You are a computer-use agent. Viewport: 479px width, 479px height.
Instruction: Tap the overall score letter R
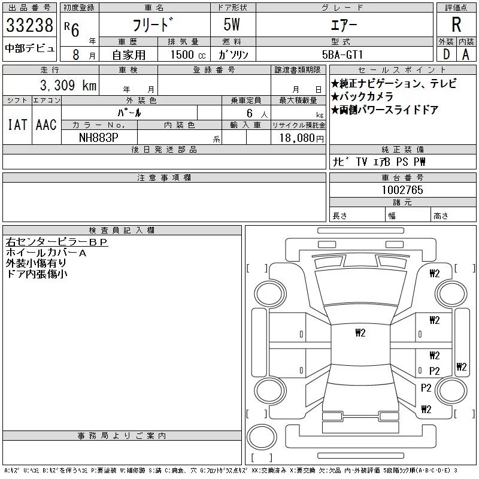pyautogui.click(x=456, y=25)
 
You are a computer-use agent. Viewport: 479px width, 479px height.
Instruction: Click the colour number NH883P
pyautogui.click(x=99, y=137)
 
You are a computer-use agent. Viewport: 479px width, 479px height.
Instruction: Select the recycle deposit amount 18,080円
pyautogui.click(x=298, y=138)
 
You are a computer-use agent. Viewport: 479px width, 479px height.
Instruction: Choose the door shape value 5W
pyautogui.click(x=232, y=25)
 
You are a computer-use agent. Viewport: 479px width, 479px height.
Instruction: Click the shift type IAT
pyautogui.click(x=17, y=125)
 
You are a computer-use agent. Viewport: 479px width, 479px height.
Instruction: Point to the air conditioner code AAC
pyautogui.click(x=46, y=125)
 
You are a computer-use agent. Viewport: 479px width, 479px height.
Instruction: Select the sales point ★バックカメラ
pyautogui.click(x=362, y=96)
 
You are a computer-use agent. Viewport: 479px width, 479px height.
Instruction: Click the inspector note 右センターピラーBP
pyautogui.click(x=56, y=242)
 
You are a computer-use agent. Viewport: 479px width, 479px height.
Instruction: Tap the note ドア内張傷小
pyautogui.click(x=37, y=274)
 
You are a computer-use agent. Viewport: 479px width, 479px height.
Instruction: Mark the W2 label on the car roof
pyautogui.click(x=360, y=332)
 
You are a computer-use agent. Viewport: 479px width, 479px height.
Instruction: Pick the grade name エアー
pyautogui.click(x=343, y=26)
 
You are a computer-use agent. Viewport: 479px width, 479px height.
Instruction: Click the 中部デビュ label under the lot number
pyautogui.click(x=29, y=48)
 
